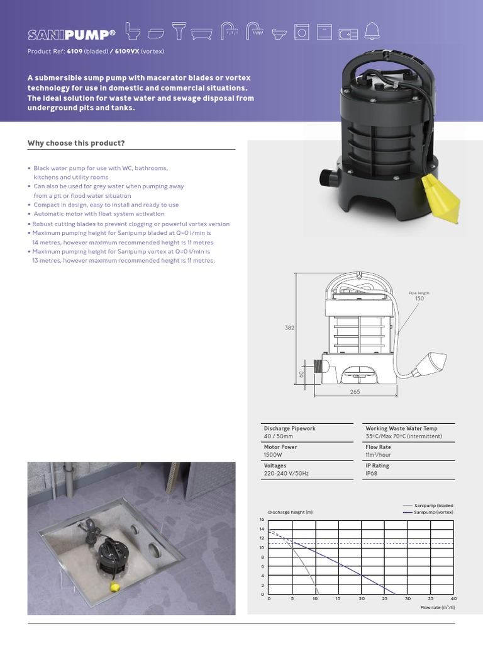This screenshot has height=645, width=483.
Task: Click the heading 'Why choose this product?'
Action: (x=76, y=143)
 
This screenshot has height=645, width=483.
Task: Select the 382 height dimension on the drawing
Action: (x=289, y=328)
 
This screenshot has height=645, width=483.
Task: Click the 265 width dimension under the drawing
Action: (x=355, y=391)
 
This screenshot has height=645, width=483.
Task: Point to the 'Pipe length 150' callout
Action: (x=419, y=295)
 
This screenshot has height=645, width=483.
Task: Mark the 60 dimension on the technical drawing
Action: (x=301, y=374)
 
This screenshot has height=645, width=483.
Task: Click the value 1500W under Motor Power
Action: (x=273, y=455)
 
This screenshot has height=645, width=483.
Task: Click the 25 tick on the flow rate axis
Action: (x=384, y=598)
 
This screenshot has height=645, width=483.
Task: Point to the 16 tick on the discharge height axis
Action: (x=262, y=519)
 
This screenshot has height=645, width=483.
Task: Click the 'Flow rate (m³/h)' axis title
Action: (x=437, y=607)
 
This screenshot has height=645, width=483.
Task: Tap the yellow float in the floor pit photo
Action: (x=114, y=587)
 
